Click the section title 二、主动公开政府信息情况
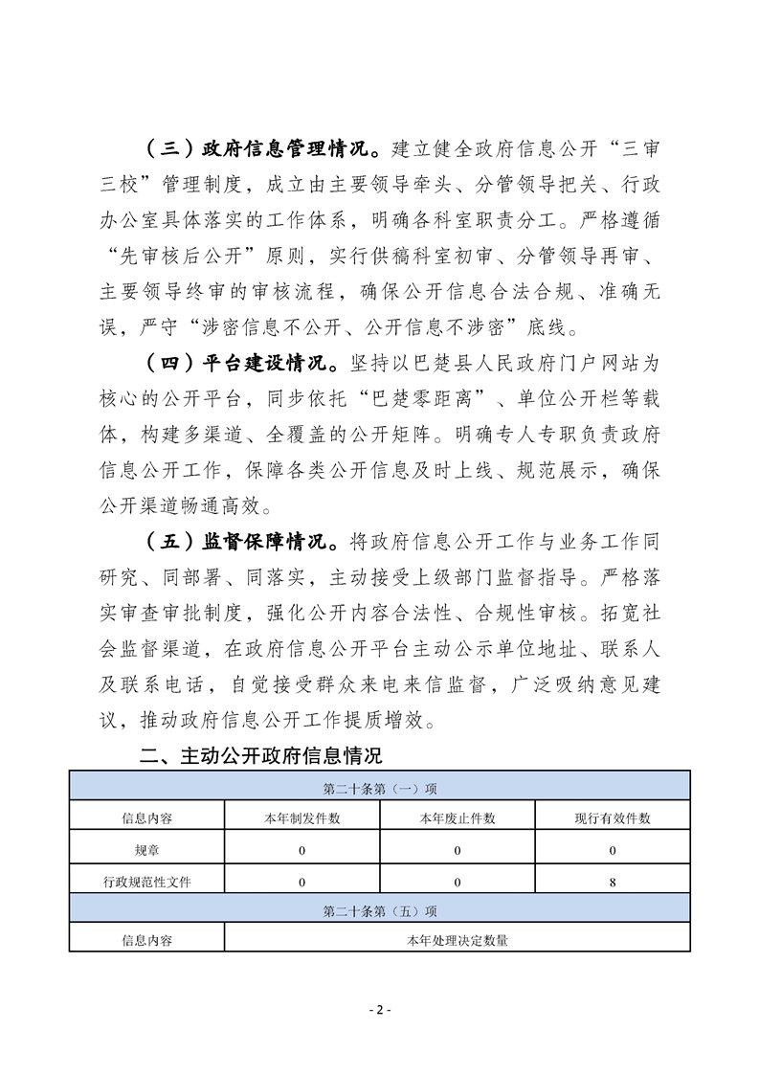[x=261, y=756]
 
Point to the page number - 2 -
[x=380, y=1010]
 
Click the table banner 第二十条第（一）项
[x=380, y=789]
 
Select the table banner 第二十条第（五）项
[x=380, y=910]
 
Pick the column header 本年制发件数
[x=301, y=818]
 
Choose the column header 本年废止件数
[x=458, y=818]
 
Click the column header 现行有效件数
[x=612, y=818]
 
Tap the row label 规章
[x=147, y=850]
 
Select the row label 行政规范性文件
[x=147, y=882]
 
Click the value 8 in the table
[x=612, y=882]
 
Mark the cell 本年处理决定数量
[x=458, y=941]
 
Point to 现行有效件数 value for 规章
[x=612, y=850]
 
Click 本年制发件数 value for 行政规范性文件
[x=301, y=882]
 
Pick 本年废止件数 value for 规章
[x=458, y=850]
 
